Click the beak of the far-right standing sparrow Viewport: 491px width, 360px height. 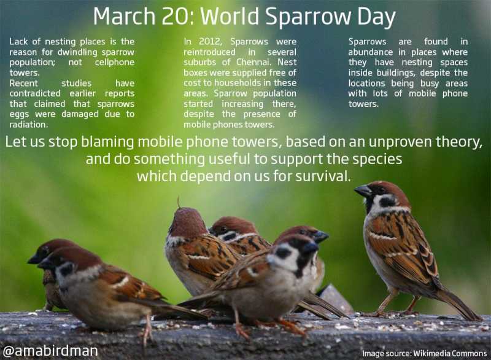(x=363, y=192)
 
